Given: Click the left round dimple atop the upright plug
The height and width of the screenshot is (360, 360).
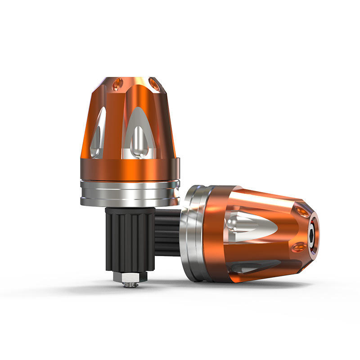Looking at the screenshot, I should coord(117,83).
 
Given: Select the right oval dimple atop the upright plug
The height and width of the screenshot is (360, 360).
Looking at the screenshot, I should coord(153,84).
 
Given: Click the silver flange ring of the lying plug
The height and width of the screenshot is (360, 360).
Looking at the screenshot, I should coord(191,234).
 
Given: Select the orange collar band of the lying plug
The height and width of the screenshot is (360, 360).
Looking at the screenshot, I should coord(214,234).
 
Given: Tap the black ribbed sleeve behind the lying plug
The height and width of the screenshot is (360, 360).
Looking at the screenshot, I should coord(169,234).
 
